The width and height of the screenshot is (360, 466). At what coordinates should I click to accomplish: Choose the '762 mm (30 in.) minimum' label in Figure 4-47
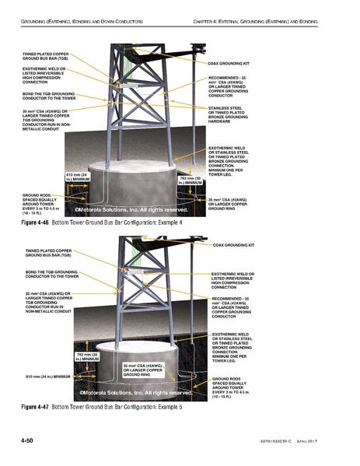tap(86, 356)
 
